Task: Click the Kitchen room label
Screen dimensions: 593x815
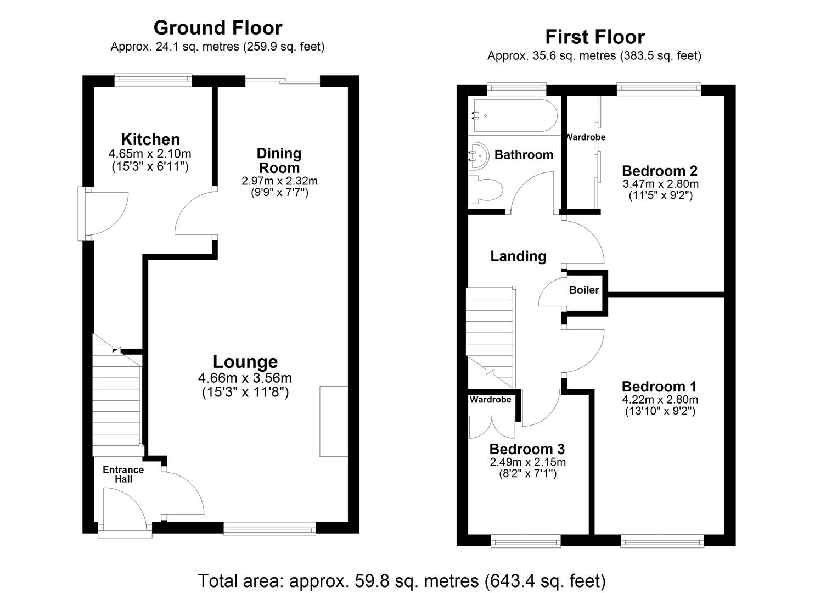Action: (x=150, y=139)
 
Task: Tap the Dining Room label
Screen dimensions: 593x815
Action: (x=279, y=160)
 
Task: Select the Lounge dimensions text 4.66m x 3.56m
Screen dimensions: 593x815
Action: (x=245, y=378)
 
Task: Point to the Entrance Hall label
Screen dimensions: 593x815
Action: (x=123, y=474)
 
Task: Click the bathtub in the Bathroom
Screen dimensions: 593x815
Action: (x=513, y=116)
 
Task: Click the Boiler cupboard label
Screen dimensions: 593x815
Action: (x=584, y=290)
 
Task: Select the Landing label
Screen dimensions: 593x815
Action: (x=518, y=256)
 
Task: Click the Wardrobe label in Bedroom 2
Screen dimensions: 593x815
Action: (x=586, y=137)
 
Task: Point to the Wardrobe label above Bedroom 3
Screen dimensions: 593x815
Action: (x=490, y=400)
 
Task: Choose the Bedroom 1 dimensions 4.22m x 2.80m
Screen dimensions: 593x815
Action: (x=660, y=400)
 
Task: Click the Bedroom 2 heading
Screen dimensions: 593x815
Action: (x=660, y=171)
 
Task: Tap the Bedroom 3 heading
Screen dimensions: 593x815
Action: (x=527, y=449)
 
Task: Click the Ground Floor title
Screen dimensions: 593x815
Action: (x=218, y=27)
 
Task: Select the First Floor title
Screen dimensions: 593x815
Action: (x=594, y=37)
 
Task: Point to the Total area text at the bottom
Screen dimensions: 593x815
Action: (x=402, y=580)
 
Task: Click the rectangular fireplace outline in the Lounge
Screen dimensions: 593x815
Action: (x=334, y=421)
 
